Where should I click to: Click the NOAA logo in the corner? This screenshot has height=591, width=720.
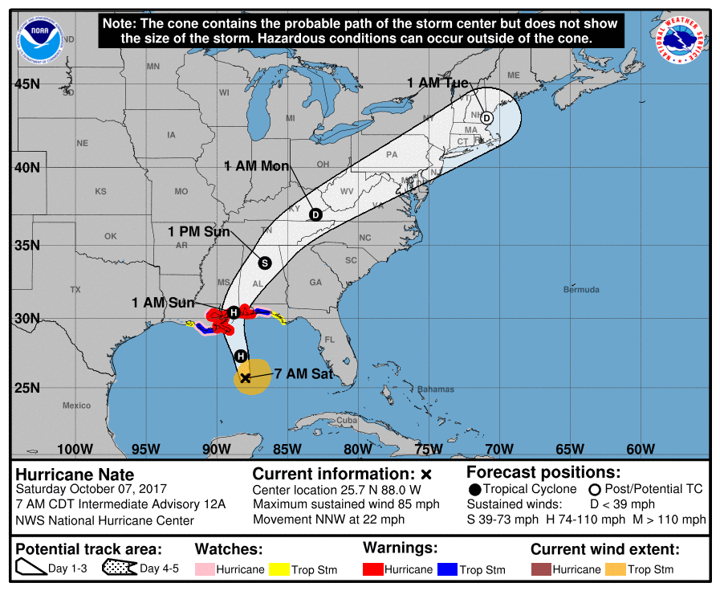coord(40,36)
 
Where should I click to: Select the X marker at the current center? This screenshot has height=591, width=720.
coord(246,377)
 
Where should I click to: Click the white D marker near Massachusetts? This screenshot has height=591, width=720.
coord(486,117)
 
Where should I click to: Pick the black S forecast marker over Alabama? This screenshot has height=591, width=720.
coord(265,263)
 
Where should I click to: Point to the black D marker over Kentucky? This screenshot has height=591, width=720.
coord(315,214)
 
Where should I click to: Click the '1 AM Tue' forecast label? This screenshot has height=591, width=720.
coord(437,82)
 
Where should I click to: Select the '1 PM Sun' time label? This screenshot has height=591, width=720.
coord(198,232)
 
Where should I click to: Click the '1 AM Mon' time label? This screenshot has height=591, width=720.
coord(256,165)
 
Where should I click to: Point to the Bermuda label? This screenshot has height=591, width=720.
coord(581,289)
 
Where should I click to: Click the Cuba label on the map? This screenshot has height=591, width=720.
coord(346,420)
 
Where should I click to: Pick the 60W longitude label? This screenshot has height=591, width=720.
coord(640,449)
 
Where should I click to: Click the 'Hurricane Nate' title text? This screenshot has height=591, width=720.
coord(75,475)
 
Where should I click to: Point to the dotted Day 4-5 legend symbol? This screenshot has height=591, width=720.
coord(119,569)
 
